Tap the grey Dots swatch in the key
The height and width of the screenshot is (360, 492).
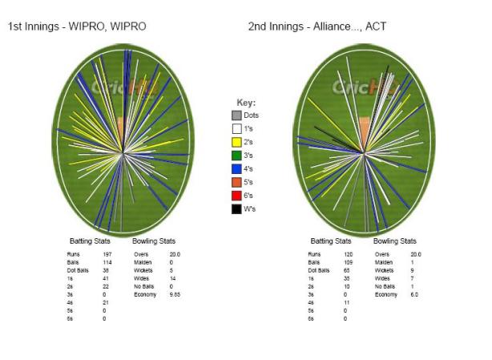236,115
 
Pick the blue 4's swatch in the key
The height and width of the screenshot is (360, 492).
236,168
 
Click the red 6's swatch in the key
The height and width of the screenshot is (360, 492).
236,195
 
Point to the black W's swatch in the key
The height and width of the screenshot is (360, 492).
236,208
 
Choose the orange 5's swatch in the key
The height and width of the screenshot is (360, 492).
236,182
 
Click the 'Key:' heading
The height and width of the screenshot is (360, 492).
245,102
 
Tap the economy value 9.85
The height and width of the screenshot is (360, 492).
175,294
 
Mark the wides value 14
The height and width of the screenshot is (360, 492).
172,278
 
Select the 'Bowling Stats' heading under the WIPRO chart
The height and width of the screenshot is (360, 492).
155,241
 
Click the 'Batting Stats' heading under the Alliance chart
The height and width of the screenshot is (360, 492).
330,241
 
